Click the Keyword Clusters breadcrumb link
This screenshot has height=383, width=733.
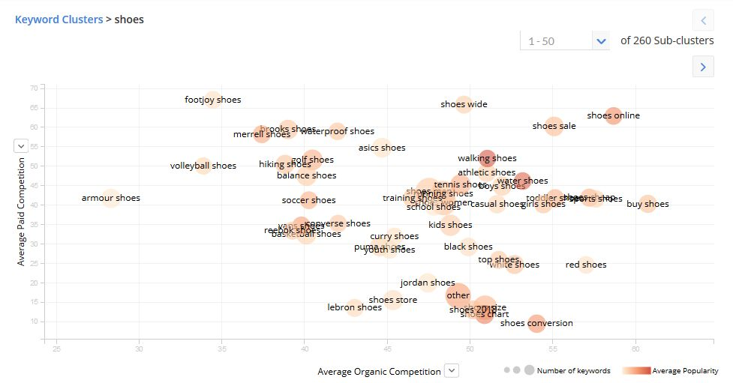click(59, 19)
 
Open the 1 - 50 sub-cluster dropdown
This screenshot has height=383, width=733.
click(600, 41)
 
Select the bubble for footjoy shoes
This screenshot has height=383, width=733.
click(213, 98)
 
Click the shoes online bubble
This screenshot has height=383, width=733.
click(614, 115)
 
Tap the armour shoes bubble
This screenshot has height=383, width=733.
click(110, 198)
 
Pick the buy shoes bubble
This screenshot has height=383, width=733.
click(647, 203)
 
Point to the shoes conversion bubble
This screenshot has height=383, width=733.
click(536, 323)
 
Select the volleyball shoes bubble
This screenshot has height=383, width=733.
click(203, 165)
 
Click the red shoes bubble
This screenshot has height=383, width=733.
click(586, 264)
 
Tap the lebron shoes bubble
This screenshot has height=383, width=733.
click(354, 307)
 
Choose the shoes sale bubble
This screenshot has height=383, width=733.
click(554, 126)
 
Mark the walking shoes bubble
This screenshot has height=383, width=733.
click(487, 158)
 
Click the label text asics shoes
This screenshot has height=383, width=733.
click(382, 148)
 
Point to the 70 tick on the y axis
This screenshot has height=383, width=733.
click(34, 88)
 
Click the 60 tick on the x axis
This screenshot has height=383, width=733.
click(635, 348)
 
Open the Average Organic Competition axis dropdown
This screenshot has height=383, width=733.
click(451, 370)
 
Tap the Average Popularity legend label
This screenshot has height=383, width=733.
click(685, 371)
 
